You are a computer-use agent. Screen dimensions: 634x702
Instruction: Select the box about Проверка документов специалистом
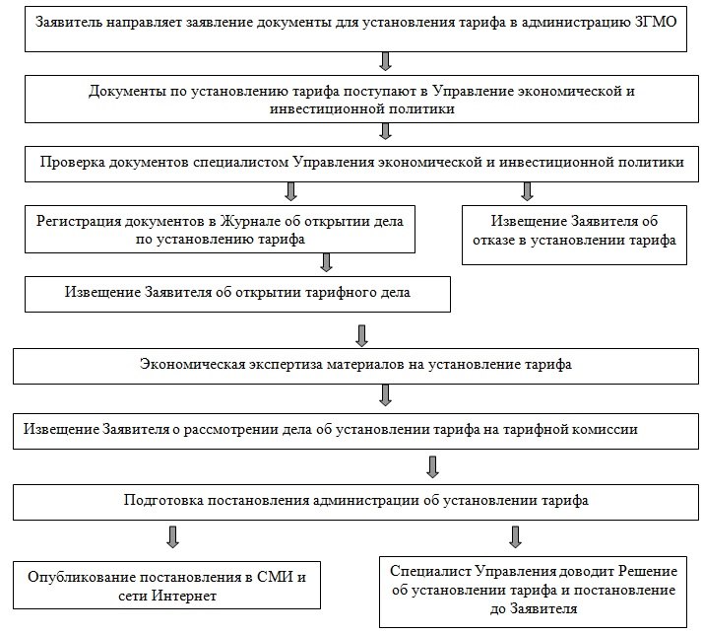tap(362, 162)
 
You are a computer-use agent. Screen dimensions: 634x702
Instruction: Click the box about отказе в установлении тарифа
tap(574, 231)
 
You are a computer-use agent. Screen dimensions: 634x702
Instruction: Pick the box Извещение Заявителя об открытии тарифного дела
tap(237, 293)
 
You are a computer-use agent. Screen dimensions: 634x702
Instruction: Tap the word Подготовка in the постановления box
tap(163, 500)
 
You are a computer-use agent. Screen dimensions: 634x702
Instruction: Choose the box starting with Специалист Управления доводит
tap(533, 590)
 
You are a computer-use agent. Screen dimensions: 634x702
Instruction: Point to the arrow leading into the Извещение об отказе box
tap(527, 190)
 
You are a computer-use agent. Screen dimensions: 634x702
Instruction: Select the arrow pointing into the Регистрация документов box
tap(290, 190)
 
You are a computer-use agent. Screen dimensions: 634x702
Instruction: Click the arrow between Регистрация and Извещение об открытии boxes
tap(326, 261)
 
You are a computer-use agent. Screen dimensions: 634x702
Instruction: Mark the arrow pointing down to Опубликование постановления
tap(172, 536)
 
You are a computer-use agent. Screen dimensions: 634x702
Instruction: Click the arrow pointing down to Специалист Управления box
tap(514, 536)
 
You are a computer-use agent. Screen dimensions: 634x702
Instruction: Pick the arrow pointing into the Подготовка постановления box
tap(430, 465)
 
